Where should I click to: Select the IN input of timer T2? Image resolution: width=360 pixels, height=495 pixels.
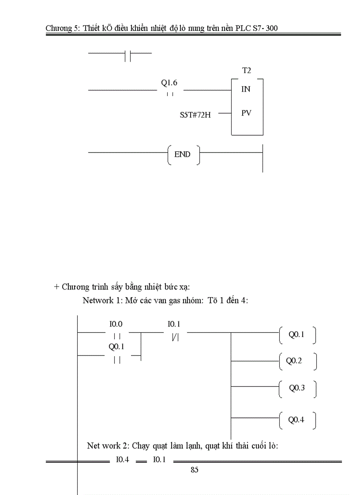(x=246, y=89)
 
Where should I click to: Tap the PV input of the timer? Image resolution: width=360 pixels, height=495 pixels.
(x=246, y=113)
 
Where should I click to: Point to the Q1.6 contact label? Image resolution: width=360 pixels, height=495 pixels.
(x=170, y=83)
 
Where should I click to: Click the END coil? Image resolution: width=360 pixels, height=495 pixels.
(x=183, y=155)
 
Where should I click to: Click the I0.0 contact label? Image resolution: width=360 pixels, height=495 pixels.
(x=116, y=324)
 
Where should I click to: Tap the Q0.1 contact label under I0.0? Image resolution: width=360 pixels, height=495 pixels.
(x=116, y=346)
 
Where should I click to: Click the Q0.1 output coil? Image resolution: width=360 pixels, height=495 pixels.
(x=297, y=335)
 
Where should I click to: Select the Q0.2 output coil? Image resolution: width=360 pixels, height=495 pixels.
(x=295, y=361)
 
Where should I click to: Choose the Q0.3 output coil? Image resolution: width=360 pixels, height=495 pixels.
(x=297, y=388)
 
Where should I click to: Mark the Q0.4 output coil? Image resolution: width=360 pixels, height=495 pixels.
(x=296, y=420)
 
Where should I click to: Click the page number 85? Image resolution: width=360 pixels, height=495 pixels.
(x=195, y=470)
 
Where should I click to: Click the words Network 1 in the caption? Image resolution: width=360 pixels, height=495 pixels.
(x=99, y=301)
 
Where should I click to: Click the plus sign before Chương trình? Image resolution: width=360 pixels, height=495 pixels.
(x=56, y=287)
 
